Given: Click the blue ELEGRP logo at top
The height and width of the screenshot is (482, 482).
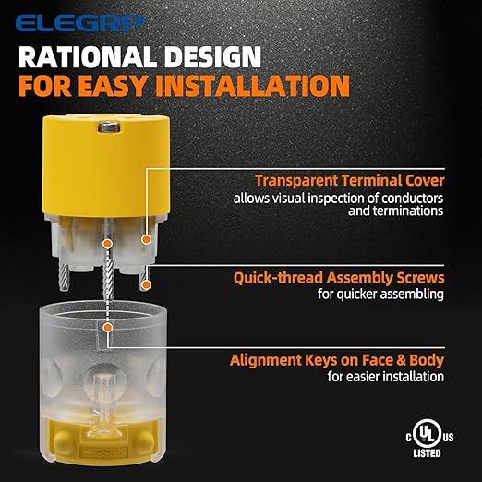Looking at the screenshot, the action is [x=79, y=24].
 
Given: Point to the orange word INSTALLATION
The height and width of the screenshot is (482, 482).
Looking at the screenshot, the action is [x=253, y=86].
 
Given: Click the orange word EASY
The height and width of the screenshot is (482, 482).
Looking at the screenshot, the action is [x=113, y=86].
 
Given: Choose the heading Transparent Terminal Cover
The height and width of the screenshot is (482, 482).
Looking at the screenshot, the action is [x=350, y=181].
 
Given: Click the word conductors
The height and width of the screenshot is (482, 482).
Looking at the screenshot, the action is [x=412, y=199].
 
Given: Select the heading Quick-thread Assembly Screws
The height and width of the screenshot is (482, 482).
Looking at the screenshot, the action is [x=339, y=278].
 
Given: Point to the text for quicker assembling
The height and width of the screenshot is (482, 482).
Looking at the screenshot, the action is [x=380, y=294].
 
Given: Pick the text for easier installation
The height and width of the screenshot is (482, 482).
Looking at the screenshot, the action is [x=386, y=377].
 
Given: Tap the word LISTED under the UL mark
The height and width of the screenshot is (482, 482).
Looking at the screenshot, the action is [x=427, y=453].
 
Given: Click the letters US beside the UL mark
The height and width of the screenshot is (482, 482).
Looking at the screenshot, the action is [x=448, y=437].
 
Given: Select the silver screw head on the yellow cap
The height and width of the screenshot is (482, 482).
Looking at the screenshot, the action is [x=108, y=127].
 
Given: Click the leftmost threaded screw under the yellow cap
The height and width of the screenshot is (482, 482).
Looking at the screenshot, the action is [x=66, y=276].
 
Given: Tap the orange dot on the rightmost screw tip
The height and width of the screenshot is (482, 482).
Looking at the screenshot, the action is [x=147, y=285].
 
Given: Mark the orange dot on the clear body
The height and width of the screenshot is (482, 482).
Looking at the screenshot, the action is [x=107, y=328].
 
